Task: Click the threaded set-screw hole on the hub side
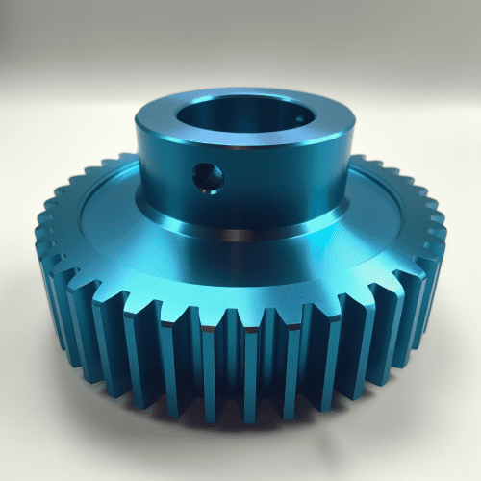pyautogui.click(x=207, y=176)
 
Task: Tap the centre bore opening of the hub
pyautogui.click(x=245, y=120)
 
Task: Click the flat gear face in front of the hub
pyautogui.click(x=240, y=274)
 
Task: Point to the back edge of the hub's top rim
pyautogui.click(x=245, y=91)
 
